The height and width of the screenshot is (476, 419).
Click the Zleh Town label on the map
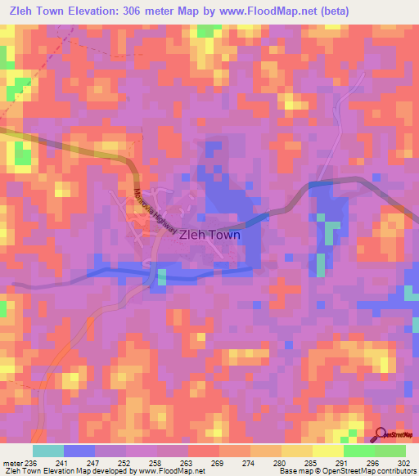pos(209,234)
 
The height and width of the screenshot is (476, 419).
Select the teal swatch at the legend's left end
pos(47,451)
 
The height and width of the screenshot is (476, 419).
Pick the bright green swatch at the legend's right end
pos(390,451)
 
